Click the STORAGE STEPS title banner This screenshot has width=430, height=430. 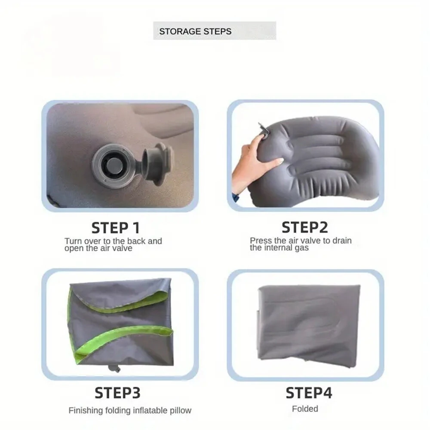pos(215,31)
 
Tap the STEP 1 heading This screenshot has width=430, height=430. pos(115,227)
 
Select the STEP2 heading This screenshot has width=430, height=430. pos(304,227)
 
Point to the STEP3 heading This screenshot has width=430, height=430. pos(117,393)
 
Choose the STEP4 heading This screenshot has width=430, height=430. pos(309,393)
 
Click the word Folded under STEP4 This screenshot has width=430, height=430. pos(305,409)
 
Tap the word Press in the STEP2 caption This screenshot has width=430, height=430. pos(261,241)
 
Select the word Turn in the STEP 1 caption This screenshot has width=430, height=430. pos(74,242)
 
